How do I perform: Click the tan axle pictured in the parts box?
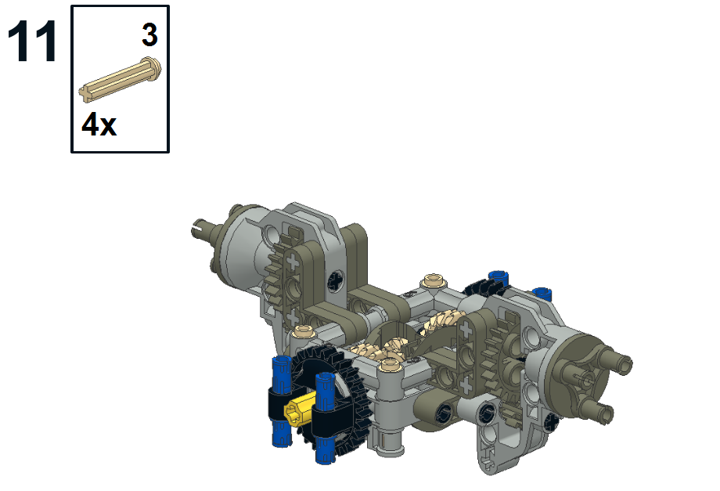(121, 79)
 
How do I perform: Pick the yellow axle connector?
(296, 409)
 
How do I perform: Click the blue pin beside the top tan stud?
(495, 276)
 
